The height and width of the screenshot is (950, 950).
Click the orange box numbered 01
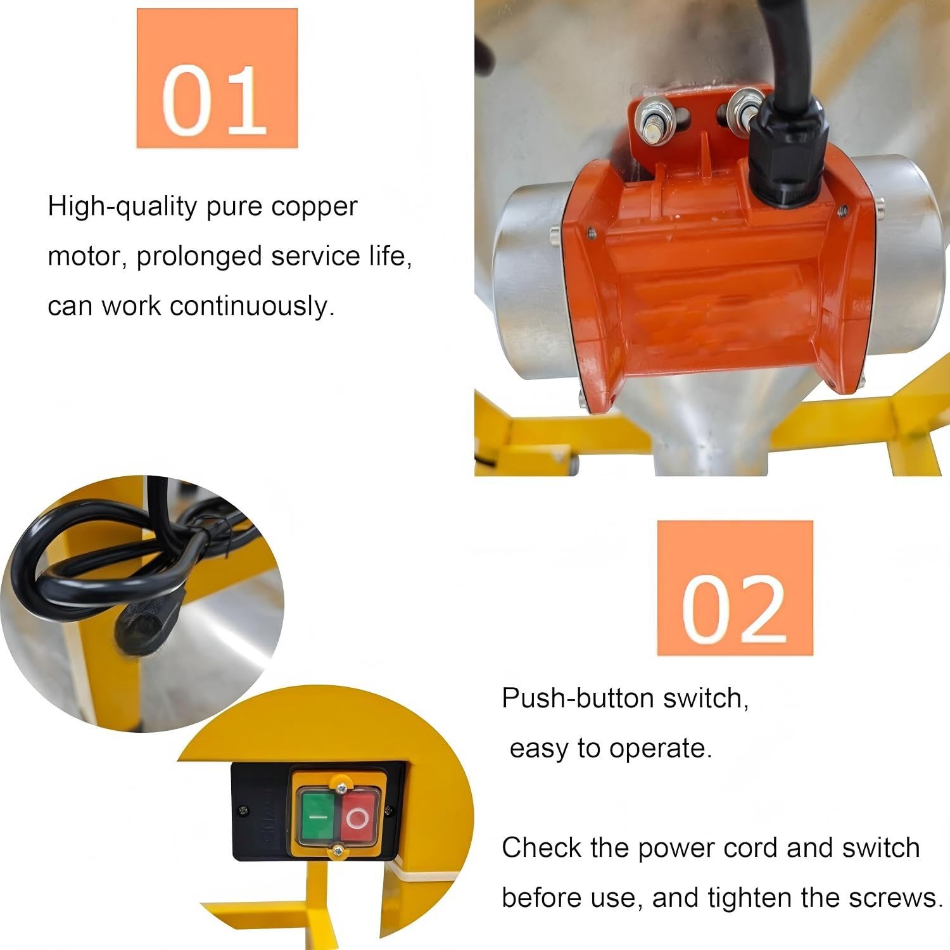(217, 79)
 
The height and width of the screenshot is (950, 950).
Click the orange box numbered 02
(735, 588)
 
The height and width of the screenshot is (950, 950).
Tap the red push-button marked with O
(357, 818)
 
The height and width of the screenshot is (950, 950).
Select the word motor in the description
(87, 256)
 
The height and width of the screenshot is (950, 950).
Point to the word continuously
(252, 306)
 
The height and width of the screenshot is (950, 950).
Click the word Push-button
(578, 698)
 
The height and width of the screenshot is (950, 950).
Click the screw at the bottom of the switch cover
(338, 851)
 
